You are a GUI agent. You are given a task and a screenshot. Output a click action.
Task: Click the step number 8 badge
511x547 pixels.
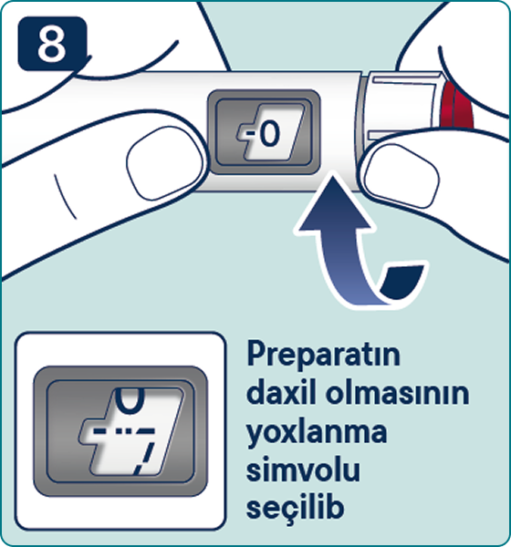[x=52, y=44]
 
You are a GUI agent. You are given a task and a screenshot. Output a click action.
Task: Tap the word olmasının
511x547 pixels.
[x=397, y=392]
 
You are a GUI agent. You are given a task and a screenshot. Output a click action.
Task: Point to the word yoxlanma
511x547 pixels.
[x=317, y=432]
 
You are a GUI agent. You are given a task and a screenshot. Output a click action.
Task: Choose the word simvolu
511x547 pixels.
[x=303, y=469]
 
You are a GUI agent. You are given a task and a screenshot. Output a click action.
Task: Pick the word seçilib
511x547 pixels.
[x=295, y=507]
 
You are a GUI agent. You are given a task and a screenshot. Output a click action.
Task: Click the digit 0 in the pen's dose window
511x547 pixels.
[x=270, y=134]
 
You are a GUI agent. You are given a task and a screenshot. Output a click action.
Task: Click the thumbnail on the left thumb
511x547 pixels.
[x=164, y=163]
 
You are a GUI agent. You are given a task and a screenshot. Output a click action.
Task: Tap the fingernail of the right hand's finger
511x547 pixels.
[x=401, y=175]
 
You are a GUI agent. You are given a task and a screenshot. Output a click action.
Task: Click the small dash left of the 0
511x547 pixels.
[x=250, y=133]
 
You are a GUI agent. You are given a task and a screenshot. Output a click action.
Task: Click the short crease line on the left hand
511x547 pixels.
[x=65, y=196]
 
